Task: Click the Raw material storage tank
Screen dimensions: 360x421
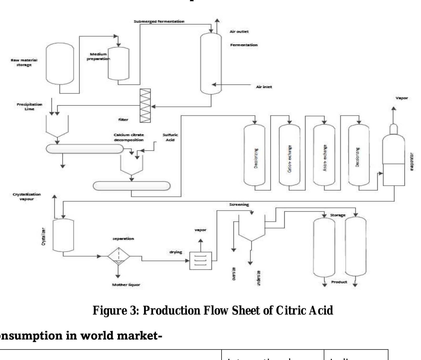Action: tap(60, 64)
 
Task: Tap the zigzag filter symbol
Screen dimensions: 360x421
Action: tap(145, 106)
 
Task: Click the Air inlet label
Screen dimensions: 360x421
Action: tap(264, 87)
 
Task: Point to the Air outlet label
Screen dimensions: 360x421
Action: tap(239, 32)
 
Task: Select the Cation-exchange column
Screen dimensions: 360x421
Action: tap(289, 155)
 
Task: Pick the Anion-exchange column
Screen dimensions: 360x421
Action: tap(324, 155)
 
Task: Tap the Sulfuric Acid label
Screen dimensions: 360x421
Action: tap(170, 137)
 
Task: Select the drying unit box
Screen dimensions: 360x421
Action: tap(201, 260)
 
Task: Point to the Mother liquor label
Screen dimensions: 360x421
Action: tap(126, 285)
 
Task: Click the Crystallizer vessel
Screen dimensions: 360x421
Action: tap(63, 235)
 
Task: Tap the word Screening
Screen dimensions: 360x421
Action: tap(239, 205)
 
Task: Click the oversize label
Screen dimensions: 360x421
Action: tap(234, 274)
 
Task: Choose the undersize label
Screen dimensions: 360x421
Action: tap(259, 278)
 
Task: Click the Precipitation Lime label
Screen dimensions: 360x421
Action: tap(29, 107)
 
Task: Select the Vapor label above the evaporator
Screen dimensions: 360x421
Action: tap(402, 98)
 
